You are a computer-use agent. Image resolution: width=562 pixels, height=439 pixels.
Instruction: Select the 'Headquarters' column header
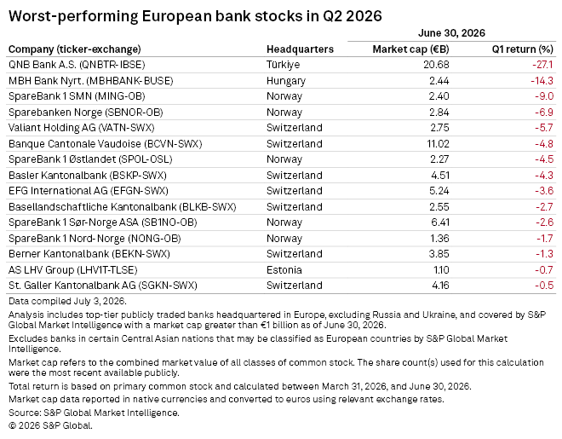(x=300, y=49)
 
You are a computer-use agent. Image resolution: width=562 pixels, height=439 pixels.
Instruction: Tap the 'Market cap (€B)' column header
(x=410, y=49)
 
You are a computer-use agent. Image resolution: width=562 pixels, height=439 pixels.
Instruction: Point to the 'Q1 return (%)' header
(x=522, y=49)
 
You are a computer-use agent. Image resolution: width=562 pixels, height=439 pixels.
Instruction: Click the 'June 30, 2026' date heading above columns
(x=451, y=33)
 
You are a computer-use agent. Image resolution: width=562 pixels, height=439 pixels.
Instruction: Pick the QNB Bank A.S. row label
(x=77, y=65)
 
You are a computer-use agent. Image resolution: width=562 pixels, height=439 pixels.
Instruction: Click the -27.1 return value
(x=542, y=65)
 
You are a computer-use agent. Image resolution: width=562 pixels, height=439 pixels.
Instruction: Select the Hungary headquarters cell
(x=285, y=81)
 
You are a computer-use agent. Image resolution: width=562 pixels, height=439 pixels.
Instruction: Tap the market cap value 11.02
(x=438, y=143)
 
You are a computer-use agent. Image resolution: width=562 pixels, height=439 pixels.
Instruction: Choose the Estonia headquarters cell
(x=284, y=269)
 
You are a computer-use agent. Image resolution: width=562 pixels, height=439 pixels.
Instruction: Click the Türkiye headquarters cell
(x=283, y=65)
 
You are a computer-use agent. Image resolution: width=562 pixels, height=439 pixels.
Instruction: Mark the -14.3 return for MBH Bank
(x=542, y=81)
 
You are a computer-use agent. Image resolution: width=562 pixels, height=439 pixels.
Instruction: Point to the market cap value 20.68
(x=436, y=65)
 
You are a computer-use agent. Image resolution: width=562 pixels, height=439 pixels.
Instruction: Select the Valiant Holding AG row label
(x=82, y=128)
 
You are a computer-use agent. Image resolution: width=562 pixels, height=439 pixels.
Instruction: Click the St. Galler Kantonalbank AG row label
(x=103, y=285)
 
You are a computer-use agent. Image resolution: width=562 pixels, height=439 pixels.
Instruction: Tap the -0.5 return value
(x=544, y=285)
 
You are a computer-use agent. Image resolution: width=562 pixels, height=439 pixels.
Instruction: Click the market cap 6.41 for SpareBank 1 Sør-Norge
(x=440, y=222)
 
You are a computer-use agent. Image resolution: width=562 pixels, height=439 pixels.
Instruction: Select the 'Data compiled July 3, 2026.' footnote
(x=67, y=301)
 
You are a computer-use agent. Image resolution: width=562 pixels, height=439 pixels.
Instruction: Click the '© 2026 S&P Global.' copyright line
(x=50, y=425)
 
